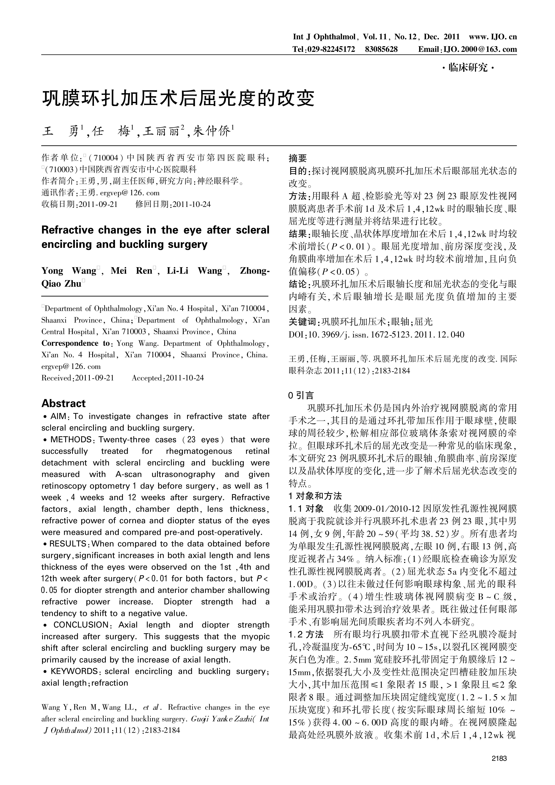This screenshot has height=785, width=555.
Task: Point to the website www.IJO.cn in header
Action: point(493,37)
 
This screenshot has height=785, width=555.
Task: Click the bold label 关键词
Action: point(303,322)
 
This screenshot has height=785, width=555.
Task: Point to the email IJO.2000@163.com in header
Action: point(480,49)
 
